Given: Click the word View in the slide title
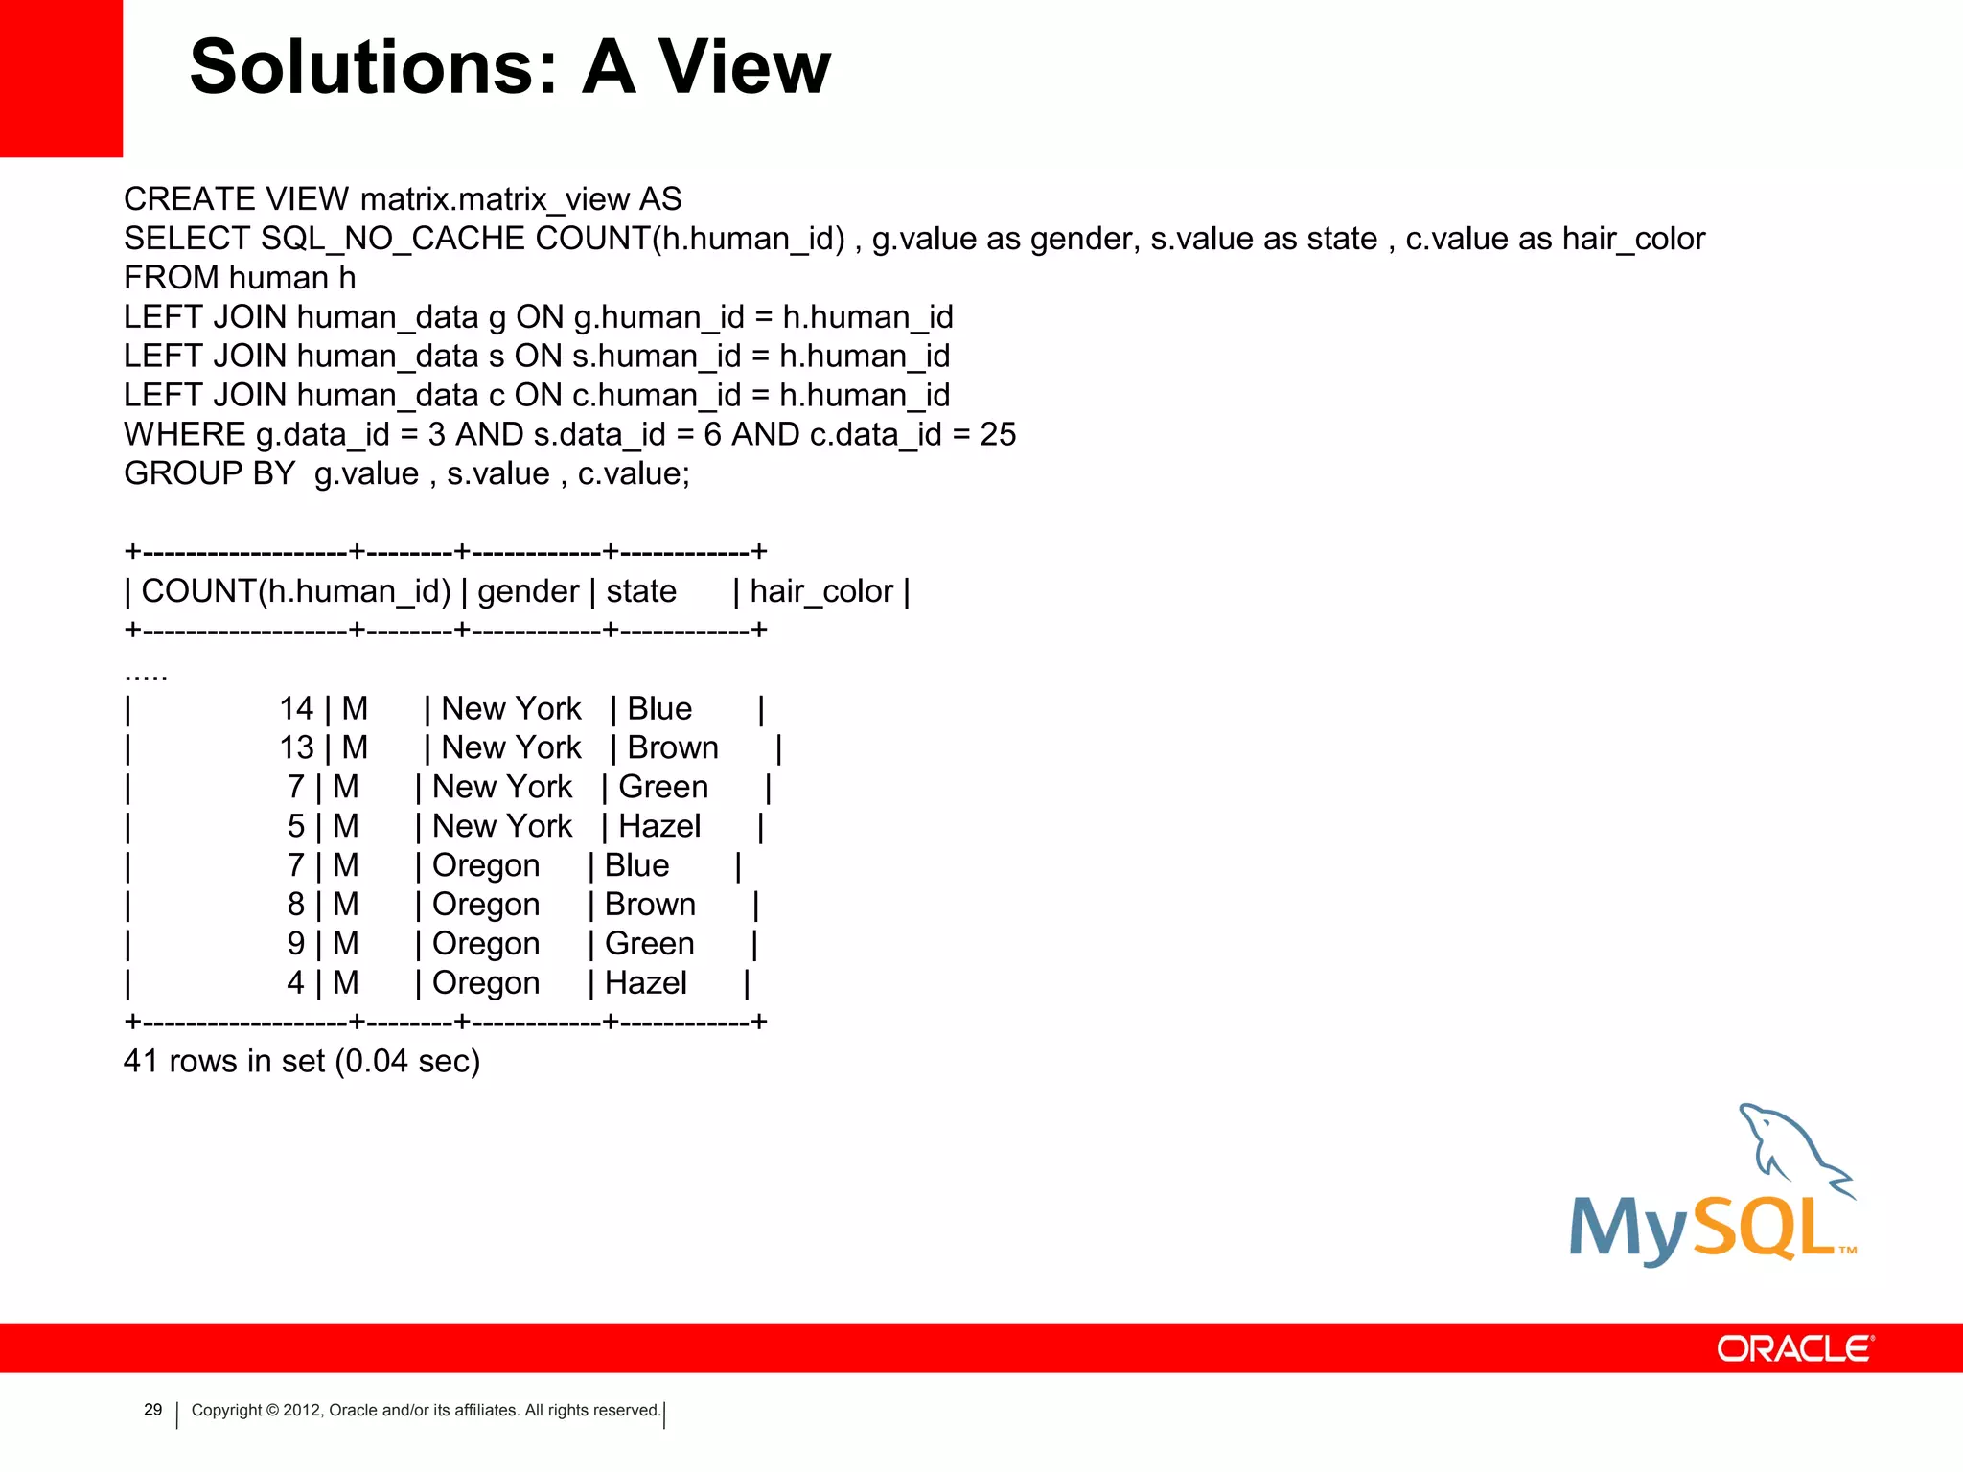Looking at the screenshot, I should pyautogui.click(x=744, y=67).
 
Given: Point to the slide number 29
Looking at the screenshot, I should pyautogui.click(x=152, y=1410).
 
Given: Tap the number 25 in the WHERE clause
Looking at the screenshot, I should pyautogui.click(x=997, y=434).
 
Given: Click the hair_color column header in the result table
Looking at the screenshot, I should pyautogui.click(x=821, y=591).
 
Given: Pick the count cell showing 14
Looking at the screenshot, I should pyautogui.click(x=296, y=709).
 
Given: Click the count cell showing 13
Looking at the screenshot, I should pyautogui.click(x=296, y=747).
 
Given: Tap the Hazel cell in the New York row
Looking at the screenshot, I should pyautogui.click(x=659, y=826).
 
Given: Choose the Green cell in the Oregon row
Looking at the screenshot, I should pyautogui.click(x=649, y=944).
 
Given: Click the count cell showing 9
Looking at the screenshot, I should pyautogui.click(x=296, y=944).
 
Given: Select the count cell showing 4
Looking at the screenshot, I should pyautogui.click(x=296, y=983).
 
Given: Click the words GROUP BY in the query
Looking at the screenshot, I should pyautogui.click(x=209, y=473).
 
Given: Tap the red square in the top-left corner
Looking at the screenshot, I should pyautogui.click(x=60, y=78).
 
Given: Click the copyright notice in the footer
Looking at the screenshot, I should pyautogui.click(x=426, y=1410).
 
